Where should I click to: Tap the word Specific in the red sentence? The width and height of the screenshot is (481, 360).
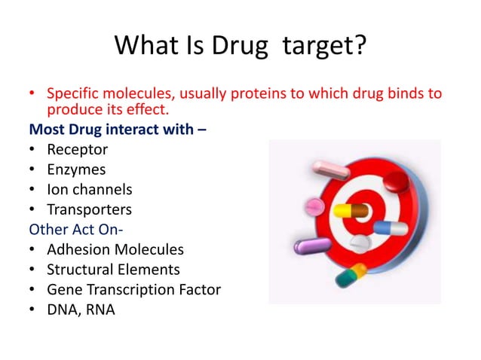point(74,94)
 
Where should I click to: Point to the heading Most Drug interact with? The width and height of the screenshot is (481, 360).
point(118,129)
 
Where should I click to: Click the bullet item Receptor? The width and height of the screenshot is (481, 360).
point(77,149)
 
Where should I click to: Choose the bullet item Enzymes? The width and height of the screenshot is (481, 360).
point(76,169)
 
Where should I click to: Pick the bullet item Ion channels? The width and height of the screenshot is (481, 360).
point(89,189)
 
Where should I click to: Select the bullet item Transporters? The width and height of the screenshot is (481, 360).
point(89,209)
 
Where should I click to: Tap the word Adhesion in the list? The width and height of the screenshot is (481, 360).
point(78,249)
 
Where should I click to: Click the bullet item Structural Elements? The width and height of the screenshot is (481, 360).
point(113,269)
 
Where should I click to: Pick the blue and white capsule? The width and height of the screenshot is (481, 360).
point(391,228)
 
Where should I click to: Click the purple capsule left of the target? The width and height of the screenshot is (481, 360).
point(311,246)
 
